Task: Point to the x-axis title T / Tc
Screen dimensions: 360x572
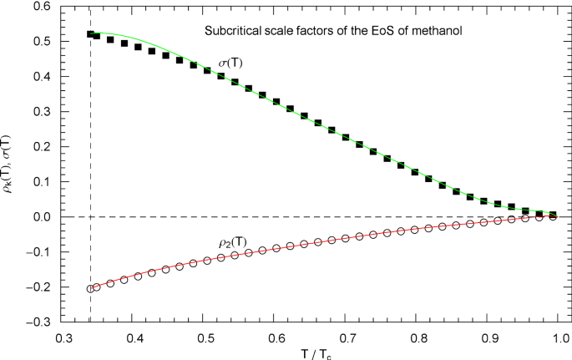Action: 316,352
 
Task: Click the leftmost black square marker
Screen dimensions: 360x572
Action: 90,34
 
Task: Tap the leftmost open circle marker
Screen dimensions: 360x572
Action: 90,289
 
